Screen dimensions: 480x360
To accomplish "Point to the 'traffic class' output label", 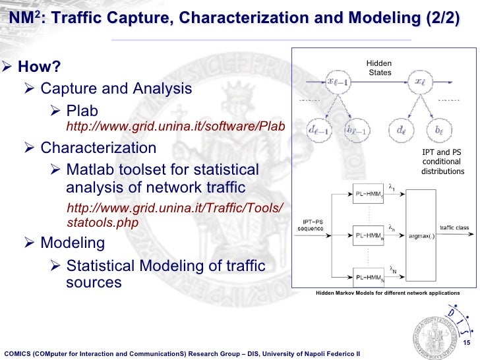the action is (x=454, y=228).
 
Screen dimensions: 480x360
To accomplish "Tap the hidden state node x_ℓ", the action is (x=420, y=82).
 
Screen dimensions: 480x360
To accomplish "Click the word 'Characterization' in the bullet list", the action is (x=98, y=148).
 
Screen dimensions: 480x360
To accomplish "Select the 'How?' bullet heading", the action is (x=39, y=67).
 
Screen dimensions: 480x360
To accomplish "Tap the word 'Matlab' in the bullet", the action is (x=92, y=171).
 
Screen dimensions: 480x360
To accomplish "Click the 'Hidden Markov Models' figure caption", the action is (x=387, y=292).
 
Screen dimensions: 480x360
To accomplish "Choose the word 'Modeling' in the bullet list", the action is (x=73, y=243).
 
